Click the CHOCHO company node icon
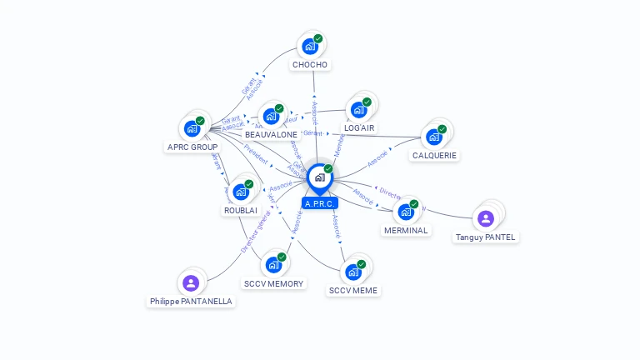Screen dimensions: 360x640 [310, 47]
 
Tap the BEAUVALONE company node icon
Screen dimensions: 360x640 [270, 117]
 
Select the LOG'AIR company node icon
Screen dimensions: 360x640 [359, 110]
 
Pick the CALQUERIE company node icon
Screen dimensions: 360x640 [434, 137]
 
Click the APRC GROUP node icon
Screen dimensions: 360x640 [192, 129]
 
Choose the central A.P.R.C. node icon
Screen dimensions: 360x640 [319, 177]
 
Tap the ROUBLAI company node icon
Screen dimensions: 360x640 [241, 192]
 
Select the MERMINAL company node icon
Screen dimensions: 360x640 [406, 212]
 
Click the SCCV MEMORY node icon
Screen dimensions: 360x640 [273, 265]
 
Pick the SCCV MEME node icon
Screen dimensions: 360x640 [353, 272]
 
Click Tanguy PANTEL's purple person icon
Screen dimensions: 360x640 [486, 218]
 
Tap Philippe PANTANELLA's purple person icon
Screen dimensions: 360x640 [191, 282]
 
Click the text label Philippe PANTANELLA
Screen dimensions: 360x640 [191, 302]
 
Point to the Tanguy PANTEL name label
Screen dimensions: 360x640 [486, 237]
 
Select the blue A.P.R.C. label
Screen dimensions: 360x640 [320, 203]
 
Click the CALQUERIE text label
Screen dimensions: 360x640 [434, 156]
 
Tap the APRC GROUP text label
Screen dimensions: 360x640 [192, 147]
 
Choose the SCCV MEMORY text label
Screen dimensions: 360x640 [274, 284]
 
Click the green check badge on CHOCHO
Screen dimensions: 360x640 [318, 38]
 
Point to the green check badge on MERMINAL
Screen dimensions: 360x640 [414, 203]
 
